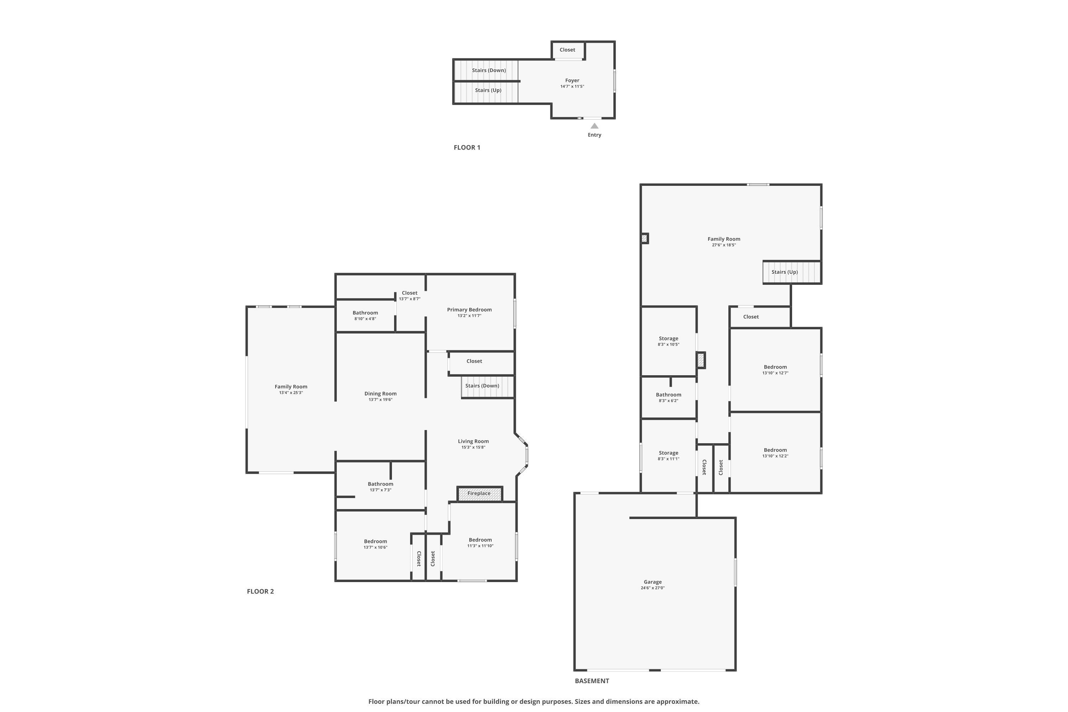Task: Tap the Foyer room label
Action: (572, 80)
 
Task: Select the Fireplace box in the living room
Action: (479, 493)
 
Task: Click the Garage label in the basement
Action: (653, 582)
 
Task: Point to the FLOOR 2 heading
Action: (260, 591)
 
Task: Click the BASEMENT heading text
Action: (592, 681)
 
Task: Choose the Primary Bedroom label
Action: (469, 310)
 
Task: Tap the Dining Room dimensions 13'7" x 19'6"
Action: (380, 399)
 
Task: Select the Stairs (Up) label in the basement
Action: (784, 272)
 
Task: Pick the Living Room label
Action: (473, 441)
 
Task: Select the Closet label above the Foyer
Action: (567, 49)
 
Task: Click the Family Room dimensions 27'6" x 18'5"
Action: (724, 245)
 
